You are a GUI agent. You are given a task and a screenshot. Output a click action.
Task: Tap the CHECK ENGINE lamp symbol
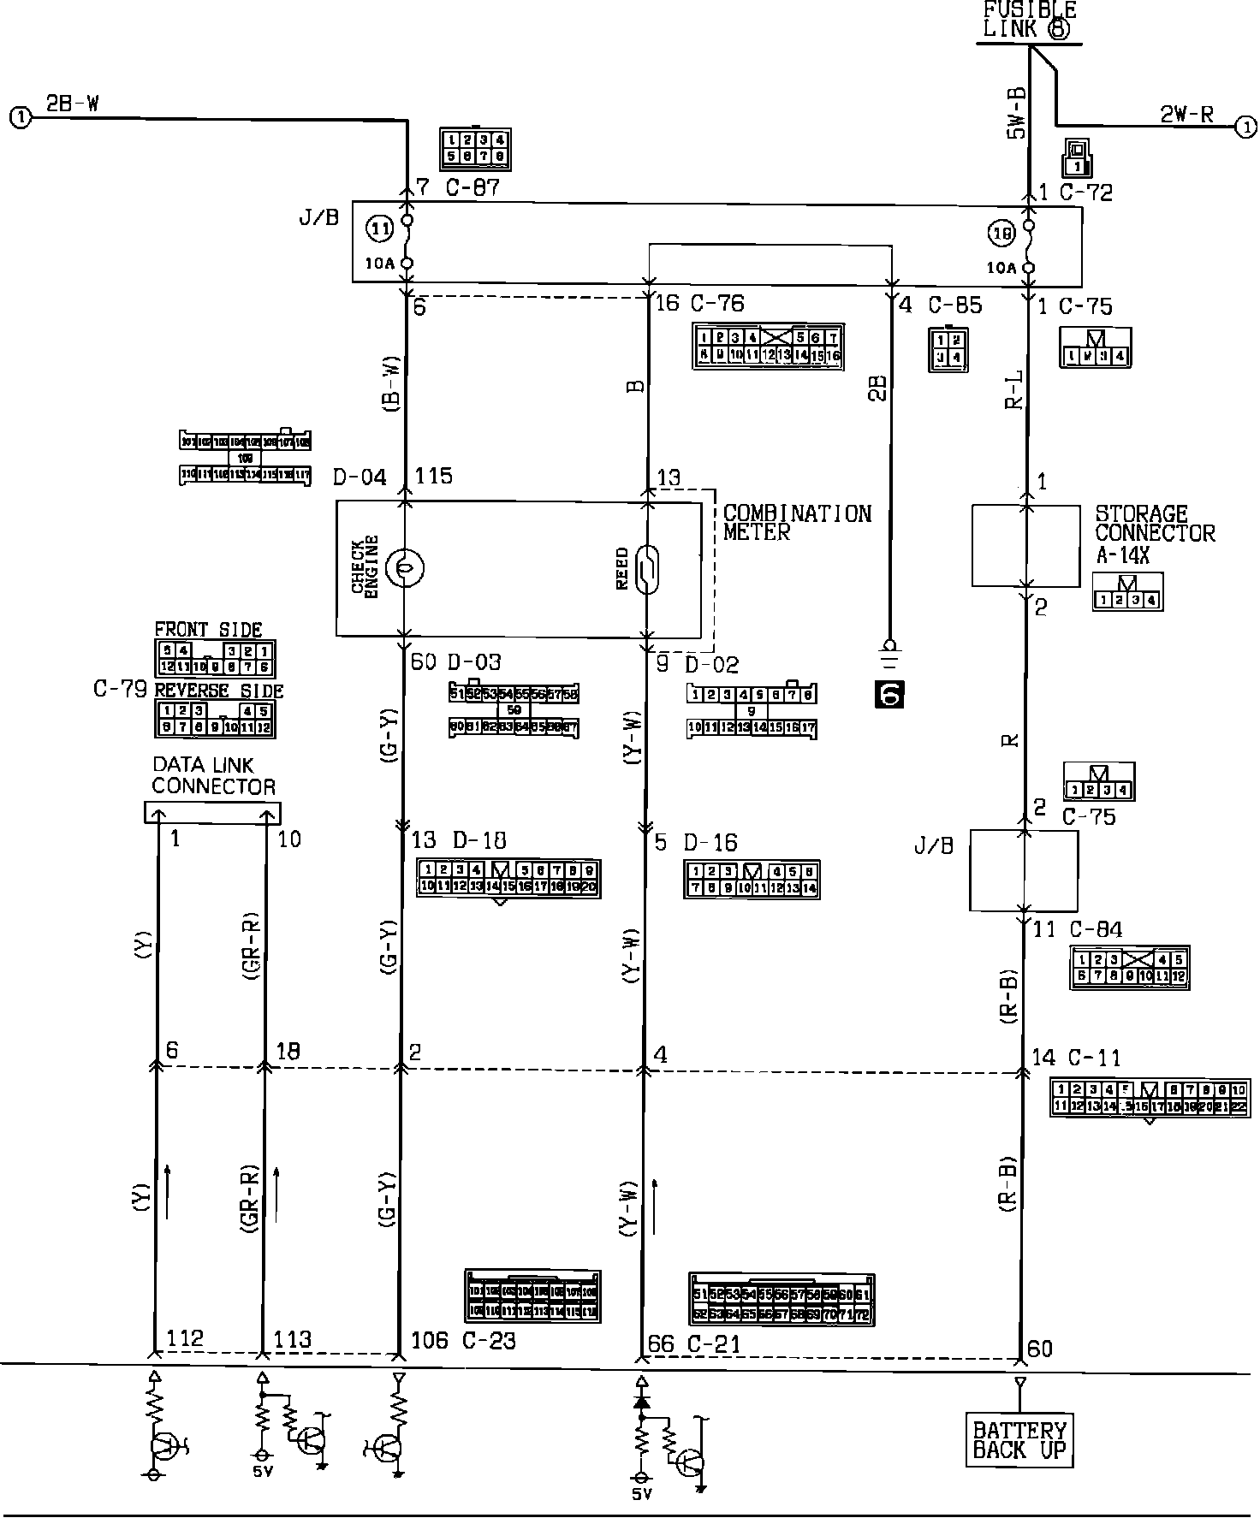coord(404,566)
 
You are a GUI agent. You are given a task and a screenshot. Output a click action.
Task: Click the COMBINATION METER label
coord(796,522)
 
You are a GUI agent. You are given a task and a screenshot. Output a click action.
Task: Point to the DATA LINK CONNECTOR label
coord(213,775)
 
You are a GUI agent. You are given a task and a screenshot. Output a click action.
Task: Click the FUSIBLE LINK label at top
coord(1028,20)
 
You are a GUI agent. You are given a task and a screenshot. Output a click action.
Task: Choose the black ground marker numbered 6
coord(889,694)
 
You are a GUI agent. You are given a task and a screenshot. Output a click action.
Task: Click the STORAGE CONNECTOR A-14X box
coord(1025,545)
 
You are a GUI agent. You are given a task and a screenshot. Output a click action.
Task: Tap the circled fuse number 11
coord(380,228)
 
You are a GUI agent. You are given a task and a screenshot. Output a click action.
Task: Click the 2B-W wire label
coord(72,104)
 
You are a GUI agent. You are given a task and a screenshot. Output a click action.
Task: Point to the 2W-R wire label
coord(1186,115)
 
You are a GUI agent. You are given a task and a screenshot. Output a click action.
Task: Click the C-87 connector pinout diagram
coord(474,148)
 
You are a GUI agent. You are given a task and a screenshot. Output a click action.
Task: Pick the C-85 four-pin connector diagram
coord(948,348)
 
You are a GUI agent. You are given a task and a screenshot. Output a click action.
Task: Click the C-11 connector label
coord(1090,1058)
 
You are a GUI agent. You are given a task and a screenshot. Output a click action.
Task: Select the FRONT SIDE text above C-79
coord(208,630)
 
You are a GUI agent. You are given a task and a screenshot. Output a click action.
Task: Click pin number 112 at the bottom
coord(185,1337)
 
